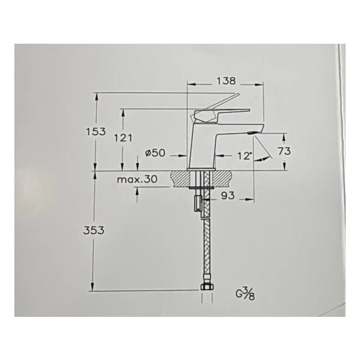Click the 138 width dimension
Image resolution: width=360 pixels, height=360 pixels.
[x=226, y=81]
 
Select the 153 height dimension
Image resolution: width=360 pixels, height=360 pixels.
[x=96, y=131]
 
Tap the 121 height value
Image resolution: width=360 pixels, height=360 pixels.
[x=123, y=138]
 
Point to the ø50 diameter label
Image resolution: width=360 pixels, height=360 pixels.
[x=155, y=152]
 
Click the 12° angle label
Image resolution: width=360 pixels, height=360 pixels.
[x=245, y=156]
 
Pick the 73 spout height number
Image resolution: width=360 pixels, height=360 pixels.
[x=284, y=151]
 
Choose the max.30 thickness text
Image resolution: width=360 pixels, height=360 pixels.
[x=137, y=179]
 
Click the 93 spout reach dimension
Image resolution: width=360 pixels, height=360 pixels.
[x=228, y=196]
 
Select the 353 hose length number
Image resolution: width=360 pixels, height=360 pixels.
[x=94, y=230]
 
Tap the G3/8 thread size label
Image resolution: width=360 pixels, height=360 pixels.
[x=245, y=294]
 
